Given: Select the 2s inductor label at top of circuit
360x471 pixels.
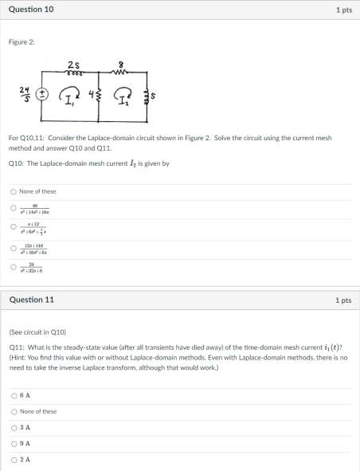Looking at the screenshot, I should click(x=95, y=65).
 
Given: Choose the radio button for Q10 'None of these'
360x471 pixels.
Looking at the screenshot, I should click(x=13, y=191).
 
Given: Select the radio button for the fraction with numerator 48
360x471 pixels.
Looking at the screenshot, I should click(x=13, y=210).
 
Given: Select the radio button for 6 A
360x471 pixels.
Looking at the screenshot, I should click(x=13, y=395).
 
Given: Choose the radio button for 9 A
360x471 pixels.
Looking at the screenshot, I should click(x=13, y=443).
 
